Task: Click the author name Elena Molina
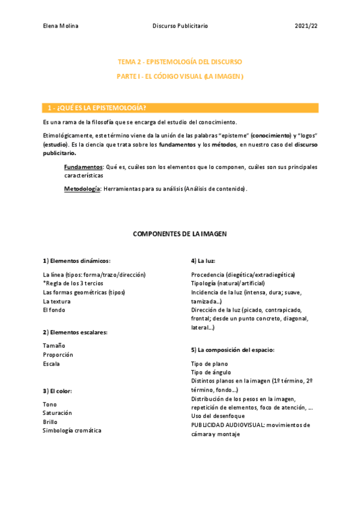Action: (61, 26)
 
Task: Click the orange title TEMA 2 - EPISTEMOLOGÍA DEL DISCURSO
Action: (180, 62)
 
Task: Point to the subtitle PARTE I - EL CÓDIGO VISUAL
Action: (180, 76)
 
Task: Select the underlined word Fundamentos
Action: (83, 167)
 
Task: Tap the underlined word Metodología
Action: (82, 189)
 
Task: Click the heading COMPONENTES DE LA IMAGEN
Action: (180, 233)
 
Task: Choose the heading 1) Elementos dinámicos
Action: (77, 261)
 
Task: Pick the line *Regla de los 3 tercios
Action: (73, 283)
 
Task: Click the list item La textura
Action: (57, 301)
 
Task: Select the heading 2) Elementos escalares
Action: (75, 332)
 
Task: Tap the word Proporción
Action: (58, 355)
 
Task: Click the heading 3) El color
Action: (58, 391)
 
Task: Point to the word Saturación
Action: (57, 413)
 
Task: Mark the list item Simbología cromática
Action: (72, 431)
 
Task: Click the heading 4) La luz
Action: (203, 261)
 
